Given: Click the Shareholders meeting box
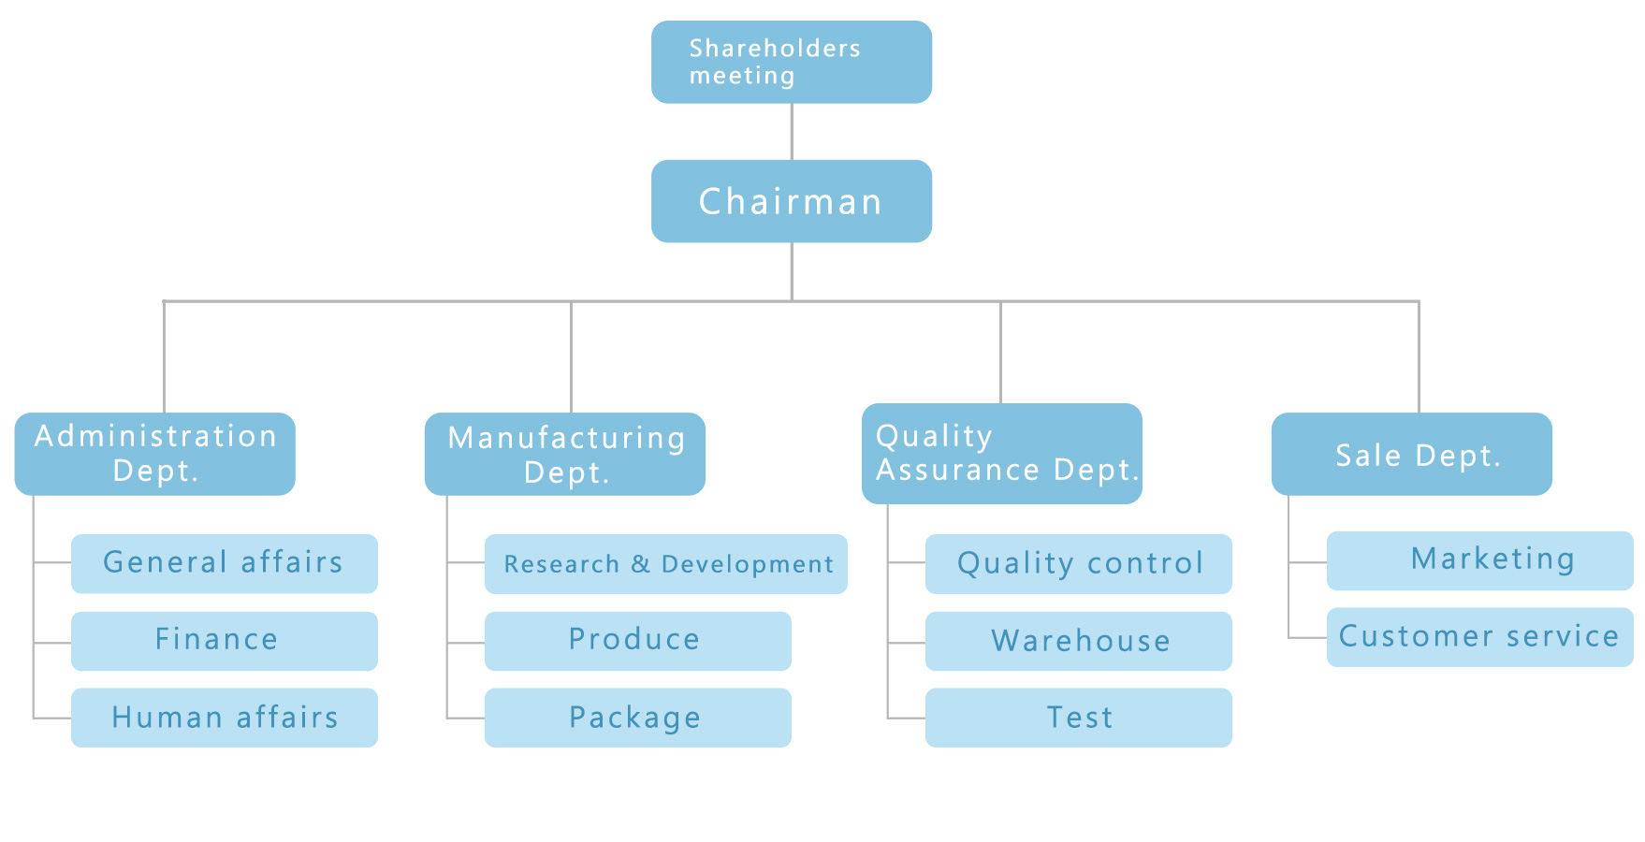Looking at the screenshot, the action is coord(792,62).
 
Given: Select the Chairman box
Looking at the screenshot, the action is coord(792,201).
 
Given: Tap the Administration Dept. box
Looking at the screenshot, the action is coord(155,454).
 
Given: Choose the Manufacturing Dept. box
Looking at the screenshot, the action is coord(565,454).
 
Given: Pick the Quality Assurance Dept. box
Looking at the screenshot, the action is coord(1002,454).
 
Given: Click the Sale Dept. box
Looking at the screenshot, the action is coord(1412,454).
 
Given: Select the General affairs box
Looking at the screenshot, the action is coord(225,563).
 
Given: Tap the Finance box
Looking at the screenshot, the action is coord(225,641).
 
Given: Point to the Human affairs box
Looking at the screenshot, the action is coord(225,718).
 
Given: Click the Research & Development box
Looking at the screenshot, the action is coord(666,564).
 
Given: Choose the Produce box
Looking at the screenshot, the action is coord(638,641).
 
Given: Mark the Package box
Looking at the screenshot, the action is coord(638,718).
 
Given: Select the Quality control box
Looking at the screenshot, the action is coord(1079,564).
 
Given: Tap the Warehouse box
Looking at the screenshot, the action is coord(1079,641).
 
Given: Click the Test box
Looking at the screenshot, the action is coord(1079,718).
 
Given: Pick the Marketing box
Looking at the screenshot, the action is coord(1480,560).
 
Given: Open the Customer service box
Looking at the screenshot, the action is coord(1480,637).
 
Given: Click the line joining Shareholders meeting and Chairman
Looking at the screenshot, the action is coord(792,131).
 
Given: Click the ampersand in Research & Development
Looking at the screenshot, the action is coord(640,564).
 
